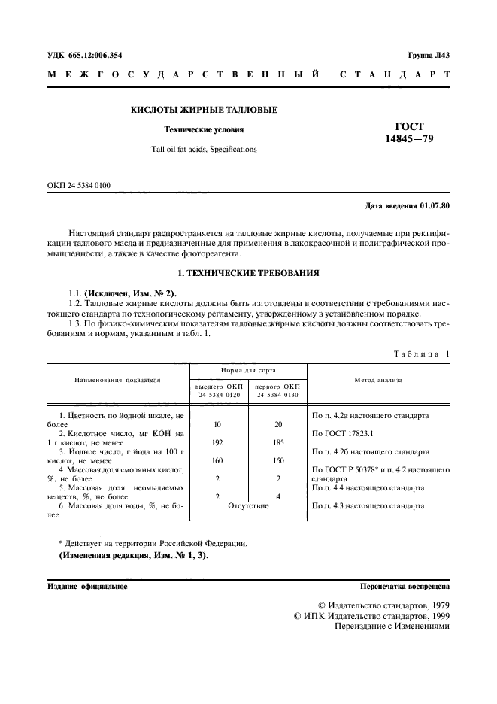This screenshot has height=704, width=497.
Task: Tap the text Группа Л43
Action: click(x=429, y=55)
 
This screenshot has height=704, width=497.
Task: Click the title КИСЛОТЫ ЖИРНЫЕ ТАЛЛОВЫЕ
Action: click(x=205, y=110)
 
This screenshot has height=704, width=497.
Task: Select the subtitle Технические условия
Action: click(x=205, y=129)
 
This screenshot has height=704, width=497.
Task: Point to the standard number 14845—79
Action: click(x=409, y=139)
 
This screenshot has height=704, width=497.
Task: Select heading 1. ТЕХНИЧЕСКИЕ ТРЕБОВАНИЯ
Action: click(x=248, y=272)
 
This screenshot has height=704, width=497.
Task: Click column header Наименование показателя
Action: click(x=117, y=380)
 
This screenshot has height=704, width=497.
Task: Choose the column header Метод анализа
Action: click(x=379, y=380)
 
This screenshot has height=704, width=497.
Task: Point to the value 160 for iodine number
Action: click(x=217, y=460)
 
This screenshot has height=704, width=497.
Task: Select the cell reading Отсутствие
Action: click(x=247, y=505)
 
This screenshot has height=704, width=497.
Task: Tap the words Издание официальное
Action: click(x=87, y=586)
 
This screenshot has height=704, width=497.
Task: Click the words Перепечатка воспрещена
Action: click(x=405, y=586)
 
